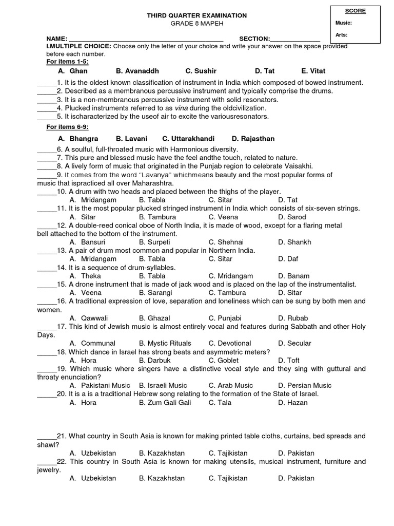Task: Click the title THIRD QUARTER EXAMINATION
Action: tap(197, 16)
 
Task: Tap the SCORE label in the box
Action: tap(352, 11)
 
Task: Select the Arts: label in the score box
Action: tap(342, 35)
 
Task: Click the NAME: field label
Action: tap(56, 39)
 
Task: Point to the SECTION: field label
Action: tap(254, 39)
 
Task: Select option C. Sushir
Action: tap(201, 71)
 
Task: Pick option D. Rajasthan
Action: tap(253, 139)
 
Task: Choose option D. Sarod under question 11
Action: tap(292, 217)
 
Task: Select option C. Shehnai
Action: tap(226, 242)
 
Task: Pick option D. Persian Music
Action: tap(305, 385)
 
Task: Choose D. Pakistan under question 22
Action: tap(296, 478)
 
